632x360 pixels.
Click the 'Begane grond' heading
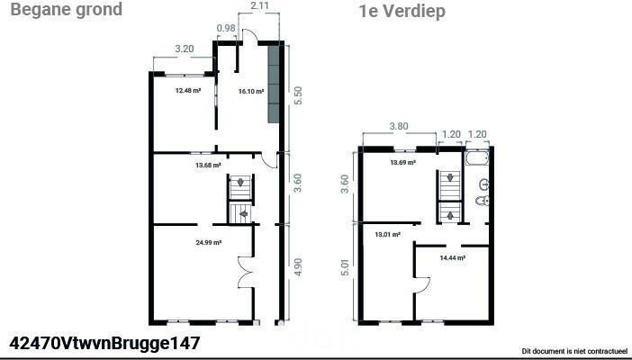(66, 9)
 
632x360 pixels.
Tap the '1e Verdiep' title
(402, 11)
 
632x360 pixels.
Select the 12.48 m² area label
(188, 91)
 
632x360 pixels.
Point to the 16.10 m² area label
(251, 92)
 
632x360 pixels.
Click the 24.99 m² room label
(208, 243)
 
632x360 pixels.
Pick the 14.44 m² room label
(453, 258)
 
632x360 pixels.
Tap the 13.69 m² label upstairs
(403, 163)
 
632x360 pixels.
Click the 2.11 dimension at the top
(259, 6)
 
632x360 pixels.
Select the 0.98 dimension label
(226, 28)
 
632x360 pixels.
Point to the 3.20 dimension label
(185, 49)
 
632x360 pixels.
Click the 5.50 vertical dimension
(298, 95)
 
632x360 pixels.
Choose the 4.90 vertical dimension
(298, 266)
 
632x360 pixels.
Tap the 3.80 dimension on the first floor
(399, 126)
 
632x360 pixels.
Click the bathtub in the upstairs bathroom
(477, 157)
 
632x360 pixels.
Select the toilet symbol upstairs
(483, 201)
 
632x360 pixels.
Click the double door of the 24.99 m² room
(246, 272)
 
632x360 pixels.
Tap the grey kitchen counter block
(274, 84)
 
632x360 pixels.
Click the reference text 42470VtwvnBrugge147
(104, 344)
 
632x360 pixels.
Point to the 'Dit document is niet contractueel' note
(574, 351)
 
